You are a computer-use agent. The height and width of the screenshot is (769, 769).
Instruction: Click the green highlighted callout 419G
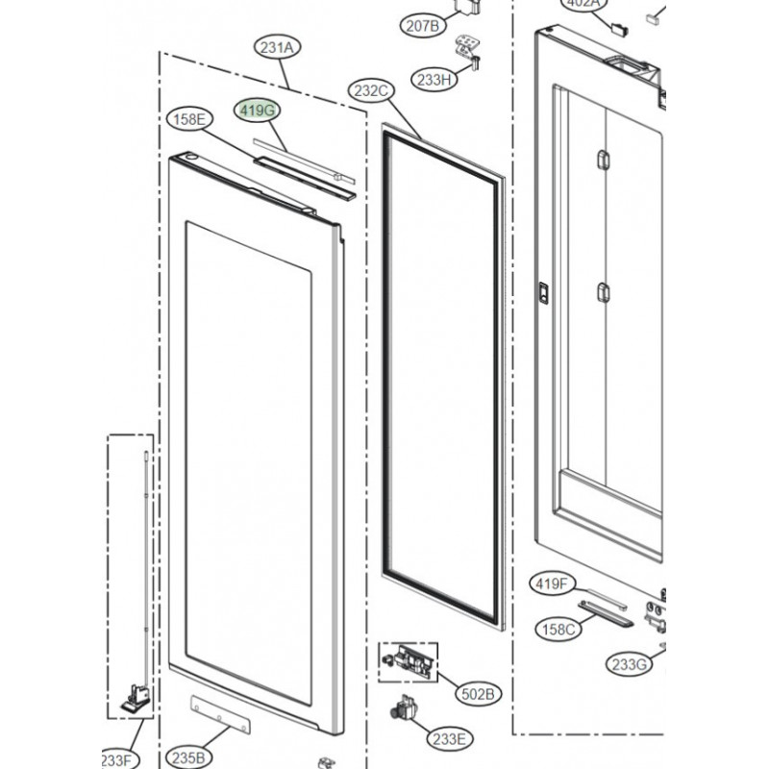[259, 111]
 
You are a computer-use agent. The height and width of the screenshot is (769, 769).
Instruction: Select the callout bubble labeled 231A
[276, 47]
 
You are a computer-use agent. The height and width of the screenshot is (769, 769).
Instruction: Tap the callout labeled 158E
[188, 120]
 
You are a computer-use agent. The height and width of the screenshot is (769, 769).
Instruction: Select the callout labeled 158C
[557, 629]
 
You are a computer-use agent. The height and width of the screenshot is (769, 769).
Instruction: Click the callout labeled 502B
[478, 693]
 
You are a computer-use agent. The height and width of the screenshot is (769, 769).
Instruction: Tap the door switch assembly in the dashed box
[409, 661]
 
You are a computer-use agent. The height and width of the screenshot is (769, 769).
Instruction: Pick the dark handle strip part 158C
[606, 613]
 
